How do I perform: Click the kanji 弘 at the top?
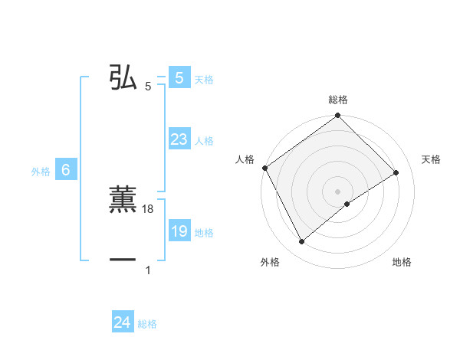point(123,77)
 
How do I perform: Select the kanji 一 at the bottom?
point(123,260)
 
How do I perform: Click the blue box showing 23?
point(179,139)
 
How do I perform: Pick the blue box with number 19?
point(179,231)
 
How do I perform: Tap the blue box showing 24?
point(122,322)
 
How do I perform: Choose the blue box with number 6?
point(66,170)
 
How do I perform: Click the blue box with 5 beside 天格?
point(179,78)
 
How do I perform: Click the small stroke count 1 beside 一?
point(148,270)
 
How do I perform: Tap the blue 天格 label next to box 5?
point(204,80)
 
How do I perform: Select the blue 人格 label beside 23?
point(204,141)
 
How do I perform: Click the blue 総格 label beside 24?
point(147,324)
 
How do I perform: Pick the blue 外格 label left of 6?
point(41,172)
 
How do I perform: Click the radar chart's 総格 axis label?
point(338,100)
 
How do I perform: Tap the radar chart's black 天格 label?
point(431,159)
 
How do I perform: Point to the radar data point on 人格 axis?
point(264,168)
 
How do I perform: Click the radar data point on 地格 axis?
point(347,204)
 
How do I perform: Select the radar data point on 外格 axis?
point(301,242)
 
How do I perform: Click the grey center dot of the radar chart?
point(338,191)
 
